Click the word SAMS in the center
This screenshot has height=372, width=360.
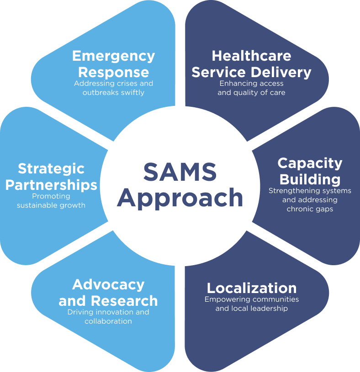180,172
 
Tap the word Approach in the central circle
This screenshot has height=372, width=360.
180,198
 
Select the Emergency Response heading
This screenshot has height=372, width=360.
113,64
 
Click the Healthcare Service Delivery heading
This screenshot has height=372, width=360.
251,64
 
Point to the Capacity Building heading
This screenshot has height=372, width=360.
310,170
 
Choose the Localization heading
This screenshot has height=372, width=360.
252,288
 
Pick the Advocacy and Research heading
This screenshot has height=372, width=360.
108,293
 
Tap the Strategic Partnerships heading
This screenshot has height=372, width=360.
51,177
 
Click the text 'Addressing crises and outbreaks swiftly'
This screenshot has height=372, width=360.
113,88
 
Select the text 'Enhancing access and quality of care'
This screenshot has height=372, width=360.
251,88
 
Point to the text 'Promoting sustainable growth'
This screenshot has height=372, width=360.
51,201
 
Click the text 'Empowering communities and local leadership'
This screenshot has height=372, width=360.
252,304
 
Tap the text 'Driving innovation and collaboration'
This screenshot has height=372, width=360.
108,317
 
